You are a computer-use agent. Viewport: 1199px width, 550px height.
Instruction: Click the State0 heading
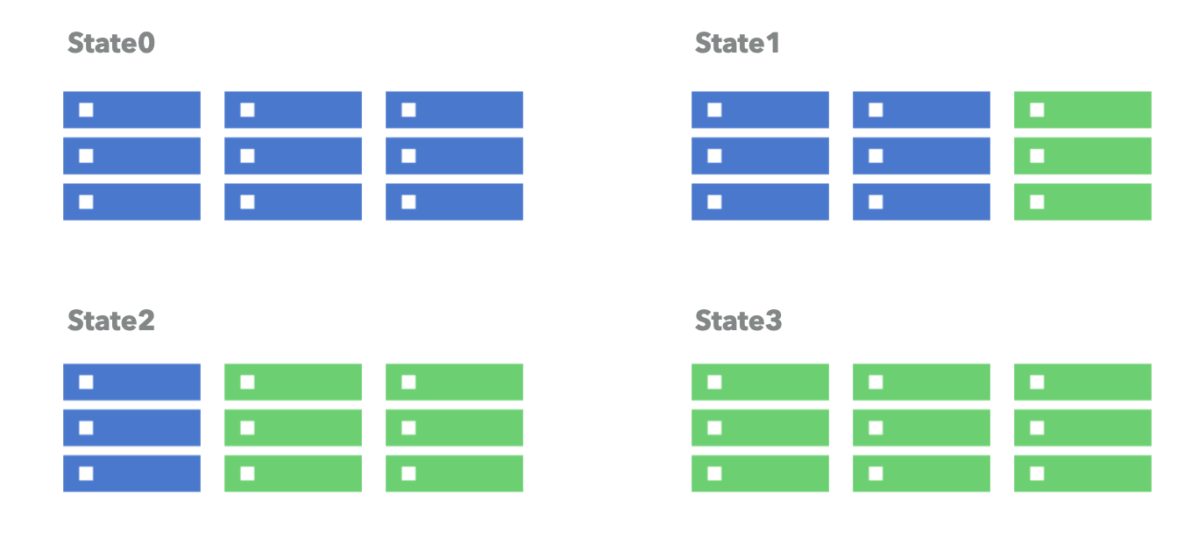pos(111,43)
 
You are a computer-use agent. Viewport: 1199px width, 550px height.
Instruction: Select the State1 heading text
pos(737,43)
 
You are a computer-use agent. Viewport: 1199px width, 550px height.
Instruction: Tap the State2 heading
pos(111,321)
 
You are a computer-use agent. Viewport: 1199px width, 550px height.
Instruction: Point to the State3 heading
pos(738,321)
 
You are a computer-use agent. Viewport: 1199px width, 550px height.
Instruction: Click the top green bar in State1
pos(1082,109)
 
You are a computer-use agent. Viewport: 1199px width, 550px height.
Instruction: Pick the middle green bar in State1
pos(1082,156)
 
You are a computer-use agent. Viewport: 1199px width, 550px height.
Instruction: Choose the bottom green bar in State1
pos(1082,201)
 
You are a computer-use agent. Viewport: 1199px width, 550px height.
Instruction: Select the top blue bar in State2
pos(131,382)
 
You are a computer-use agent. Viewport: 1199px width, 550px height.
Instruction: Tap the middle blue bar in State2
pos(131,427)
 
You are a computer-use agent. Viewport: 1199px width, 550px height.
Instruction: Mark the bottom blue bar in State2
pos(131,473)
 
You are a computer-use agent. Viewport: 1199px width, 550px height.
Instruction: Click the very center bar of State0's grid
pos(293,156)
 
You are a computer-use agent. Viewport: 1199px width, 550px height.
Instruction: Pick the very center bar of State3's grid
pos(921,427)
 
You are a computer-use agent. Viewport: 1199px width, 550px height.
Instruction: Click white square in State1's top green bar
pos(1037,109)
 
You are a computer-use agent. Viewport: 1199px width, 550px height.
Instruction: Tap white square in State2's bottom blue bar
pos(86,473)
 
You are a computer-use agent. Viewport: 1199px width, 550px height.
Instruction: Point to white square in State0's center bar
pos(247,156)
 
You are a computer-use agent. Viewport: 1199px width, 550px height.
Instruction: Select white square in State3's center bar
pos(876,427)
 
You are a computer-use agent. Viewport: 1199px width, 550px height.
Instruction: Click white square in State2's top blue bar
pos(86,382)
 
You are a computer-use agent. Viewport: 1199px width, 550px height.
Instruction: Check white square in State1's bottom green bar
pos(1037,201)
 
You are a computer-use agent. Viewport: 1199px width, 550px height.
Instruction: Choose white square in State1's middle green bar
pos(1037,156)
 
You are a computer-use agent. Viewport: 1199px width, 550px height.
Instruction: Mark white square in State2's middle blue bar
pos(86,427)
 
